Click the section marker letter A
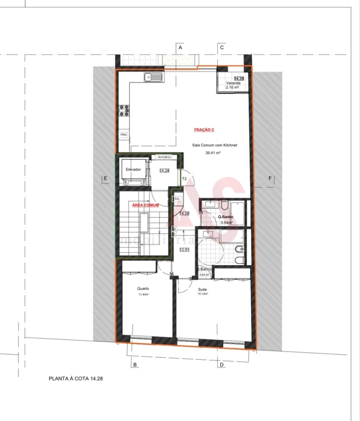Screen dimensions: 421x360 [x=180, y=47]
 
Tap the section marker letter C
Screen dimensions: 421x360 [x=222, y=47]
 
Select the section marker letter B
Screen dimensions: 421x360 [x=135, y=365]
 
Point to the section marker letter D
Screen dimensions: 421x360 [x=220, y=365]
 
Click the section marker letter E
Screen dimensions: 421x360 [x=105, y=178]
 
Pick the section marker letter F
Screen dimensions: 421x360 [x=270, y=178]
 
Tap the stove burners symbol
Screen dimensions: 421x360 [x=124, y=111]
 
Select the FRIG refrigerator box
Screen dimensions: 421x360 [x=124, y=135]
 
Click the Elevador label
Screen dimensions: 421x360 [x=133, y=170]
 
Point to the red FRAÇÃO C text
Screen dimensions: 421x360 [x=204, y=130]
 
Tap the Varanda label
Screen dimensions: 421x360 [x=233, y=83]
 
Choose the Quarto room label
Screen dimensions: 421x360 [x=143, y=288]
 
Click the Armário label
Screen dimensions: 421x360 [x=164, y=158]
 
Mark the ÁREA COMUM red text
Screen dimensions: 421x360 [x=146, y=205]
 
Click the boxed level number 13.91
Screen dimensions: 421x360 [x=184, y=250]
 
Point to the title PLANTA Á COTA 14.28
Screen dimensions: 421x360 [x=76, y=378]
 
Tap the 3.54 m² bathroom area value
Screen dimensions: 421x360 [x=227, y=223]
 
